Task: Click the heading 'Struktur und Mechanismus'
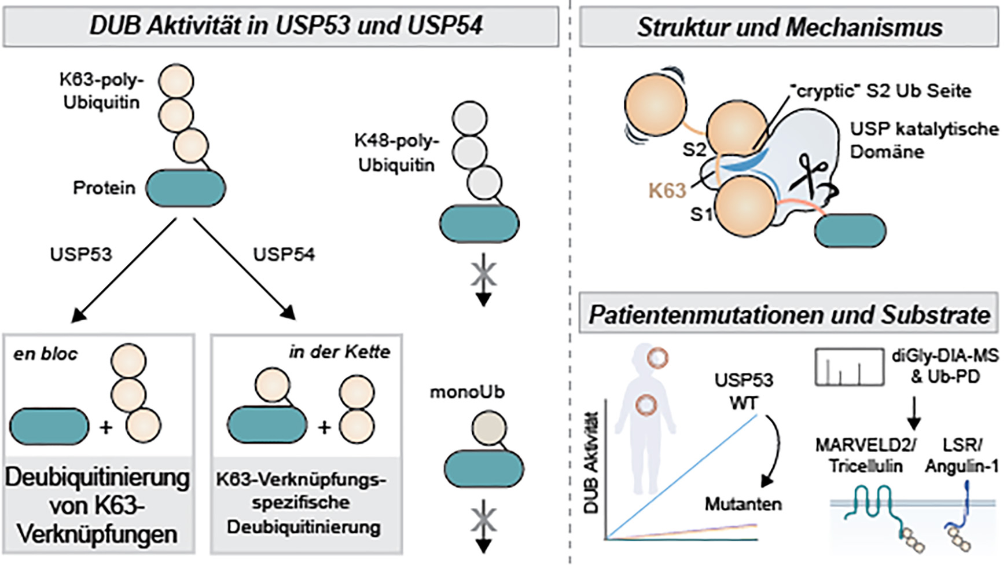click(789, 27)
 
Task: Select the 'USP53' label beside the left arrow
click(80, 254)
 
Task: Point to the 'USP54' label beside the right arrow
click(284, 254)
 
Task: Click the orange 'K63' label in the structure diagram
click(667, 190)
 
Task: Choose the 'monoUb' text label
click(466, 392)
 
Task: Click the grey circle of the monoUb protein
click(489, 429)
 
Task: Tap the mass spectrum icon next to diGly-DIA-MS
click(849, 367)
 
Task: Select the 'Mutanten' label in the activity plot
click(743, 504)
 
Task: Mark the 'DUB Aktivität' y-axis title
click(591, 463)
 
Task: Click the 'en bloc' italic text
click(45, 354)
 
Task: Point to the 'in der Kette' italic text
click(340, 351)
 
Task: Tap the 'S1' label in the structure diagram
click(701, 215)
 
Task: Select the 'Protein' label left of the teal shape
click(104, 188)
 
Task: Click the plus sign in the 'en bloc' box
click(105, 427)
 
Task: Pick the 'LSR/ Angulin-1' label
click(961, 456)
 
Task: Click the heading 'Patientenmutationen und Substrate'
click(789, 315)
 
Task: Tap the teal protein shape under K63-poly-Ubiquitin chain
click(185, 188)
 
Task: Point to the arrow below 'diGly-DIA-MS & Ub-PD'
click(914, 413)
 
